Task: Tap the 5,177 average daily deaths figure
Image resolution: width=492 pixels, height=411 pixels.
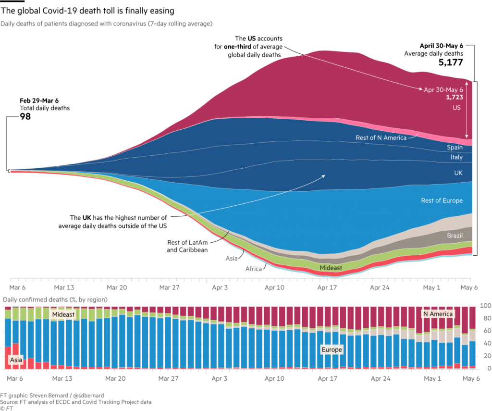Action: [x=450, y=62]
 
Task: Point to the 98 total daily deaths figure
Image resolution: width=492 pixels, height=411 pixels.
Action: [x=25, y=116]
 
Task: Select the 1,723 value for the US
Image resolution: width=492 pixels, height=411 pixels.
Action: [x=454, y=97]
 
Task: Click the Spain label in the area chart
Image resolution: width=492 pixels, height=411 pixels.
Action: [x=455, y=148]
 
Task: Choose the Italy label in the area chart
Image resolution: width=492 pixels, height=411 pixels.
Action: [x=456, y=157]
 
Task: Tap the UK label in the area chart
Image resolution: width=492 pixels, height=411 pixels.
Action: [x=458, y=173]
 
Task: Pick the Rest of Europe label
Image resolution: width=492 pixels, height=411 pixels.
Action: [x=442, y=200]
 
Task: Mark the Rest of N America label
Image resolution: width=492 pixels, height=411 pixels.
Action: [x=381, y=138]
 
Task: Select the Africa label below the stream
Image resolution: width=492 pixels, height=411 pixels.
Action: [x=253, y=269]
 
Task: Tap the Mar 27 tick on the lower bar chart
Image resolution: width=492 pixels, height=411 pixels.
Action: [x=168, y=378]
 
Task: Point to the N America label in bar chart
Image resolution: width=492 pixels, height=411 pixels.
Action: [x=437, y=314]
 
